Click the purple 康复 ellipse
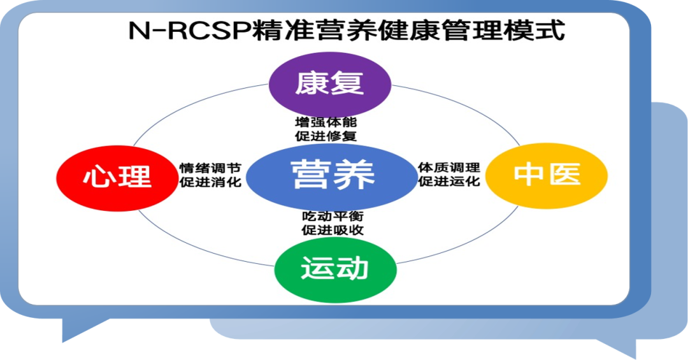coord(329,82)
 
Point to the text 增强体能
coord(326,122)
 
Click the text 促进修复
coord(326,135)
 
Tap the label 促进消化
coord(210,182)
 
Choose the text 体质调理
coord(448,168)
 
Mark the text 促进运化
coord(448,182)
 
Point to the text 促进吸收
coord(333,231)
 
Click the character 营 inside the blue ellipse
coord(310,174)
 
